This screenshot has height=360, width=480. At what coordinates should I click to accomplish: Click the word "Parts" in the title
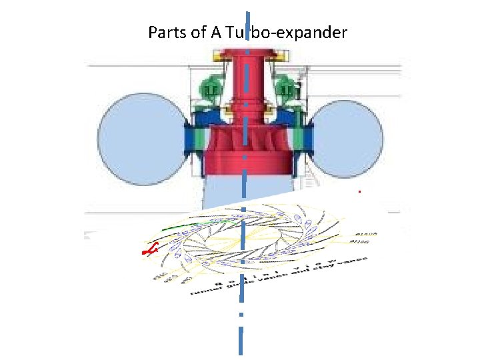pyautogui.click(x=167, y=32)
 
